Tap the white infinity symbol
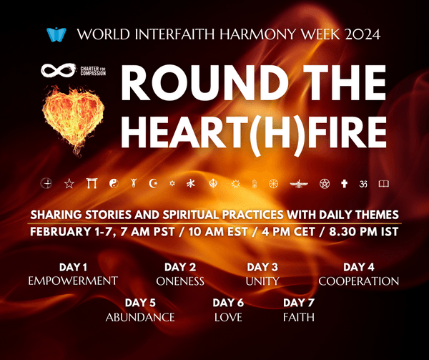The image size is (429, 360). pos(55,70)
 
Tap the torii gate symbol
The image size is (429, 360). pos(90,184)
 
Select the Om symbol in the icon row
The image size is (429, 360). pos(363,184)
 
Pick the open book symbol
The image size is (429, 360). pos(383,184)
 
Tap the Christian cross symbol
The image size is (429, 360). pos(343,184)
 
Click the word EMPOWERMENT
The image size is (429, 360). pos(72,281)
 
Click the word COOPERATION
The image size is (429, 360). pos(358,281)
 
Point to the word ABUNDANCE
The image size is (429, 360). pos(140,316)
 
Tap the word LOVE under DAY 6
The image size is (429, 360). pos(228,316)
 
